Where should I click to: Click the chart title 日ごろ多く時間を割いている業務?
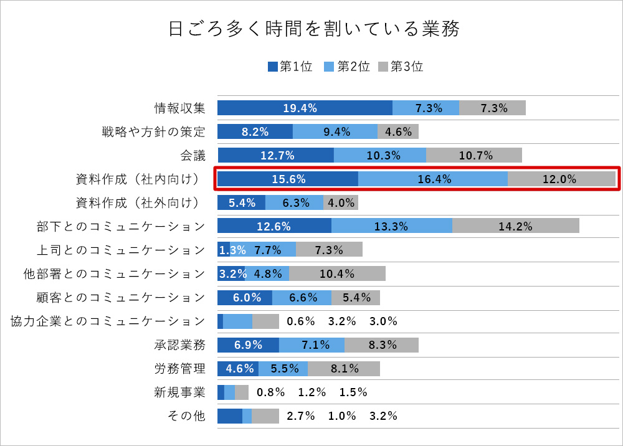coord(314,29)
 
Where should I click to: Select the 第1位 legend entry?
coord(290,67)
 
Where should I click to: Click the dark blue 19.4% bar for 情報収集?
coord(305,108)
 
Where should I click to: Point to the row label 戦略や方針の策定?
coord(154,131)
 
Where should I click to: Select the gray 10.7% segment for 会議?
coord(474,155)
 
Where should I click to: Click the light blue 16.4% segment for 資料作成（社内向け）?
coord(433,179)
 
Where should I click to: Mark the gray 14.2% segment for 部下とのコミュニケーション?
coord(516,226)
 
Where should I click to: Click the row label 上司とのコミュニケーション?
coord(121,250)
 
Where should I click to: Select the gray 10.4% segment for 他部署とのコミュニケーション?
coord(337,273)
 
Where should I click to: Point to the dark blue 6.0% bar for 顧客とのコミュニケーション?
coord(245,297)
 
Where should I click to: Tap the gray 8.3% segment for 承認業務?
coord(381,345)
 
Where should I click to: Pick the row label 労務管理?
coord(180,369)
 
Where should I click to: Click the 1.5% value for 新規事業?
coord(353,392)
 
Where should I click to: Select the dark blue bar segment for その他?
coord(229,416)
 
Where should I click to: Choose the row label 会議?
coord(193,155)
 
